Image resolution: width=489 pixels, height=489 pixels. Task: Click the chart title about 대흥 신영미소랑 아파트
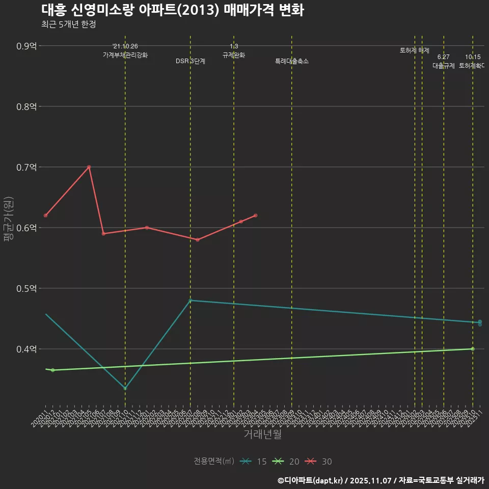click(172, 10)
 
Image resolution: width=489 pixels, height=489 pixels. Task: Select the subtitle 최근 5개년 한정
click(68, 24)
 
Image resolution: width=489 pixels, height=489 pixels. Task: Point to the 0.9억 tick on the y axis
click(26, 46)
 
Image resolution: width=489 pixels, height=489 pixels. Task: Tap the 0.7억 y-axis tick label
click(26, 167)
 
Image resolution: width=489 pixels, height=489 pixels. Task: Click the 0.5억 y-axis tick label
click(26, 288)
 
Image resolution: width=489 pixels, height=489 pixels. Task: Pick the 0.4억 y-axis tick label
click(26, 349)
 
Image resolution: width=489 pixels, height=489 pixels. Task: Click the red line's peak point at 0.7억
click(89, 167)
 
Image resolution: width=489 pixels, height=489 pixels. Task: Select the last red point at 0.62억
click(255, 215)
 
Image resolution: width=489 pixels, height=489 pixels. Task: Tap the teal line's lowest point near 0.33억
click(125, 389)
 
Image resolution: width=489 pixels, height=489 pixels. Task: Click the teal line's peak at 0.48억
click(191, 301)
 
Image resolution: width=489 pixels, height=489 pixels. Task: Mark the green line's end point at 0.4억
click(473, 349)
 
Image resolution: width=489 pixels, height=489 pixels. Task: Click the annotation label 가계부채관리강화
click(125, 55)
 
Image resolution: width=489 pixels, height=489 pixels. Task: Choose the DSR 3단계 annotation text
click(191, 61)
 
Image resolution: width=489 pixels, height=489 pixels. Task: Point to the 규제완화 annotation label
click(234, 55)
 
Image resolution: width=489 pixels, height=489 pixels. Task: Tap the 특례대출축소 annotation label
click(292, 61)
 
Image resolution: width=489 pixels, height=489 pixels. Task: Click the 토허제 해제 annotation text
click(415, 50)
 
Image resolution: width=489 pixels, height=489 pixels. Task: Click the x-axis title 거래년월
click(262, 434)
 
